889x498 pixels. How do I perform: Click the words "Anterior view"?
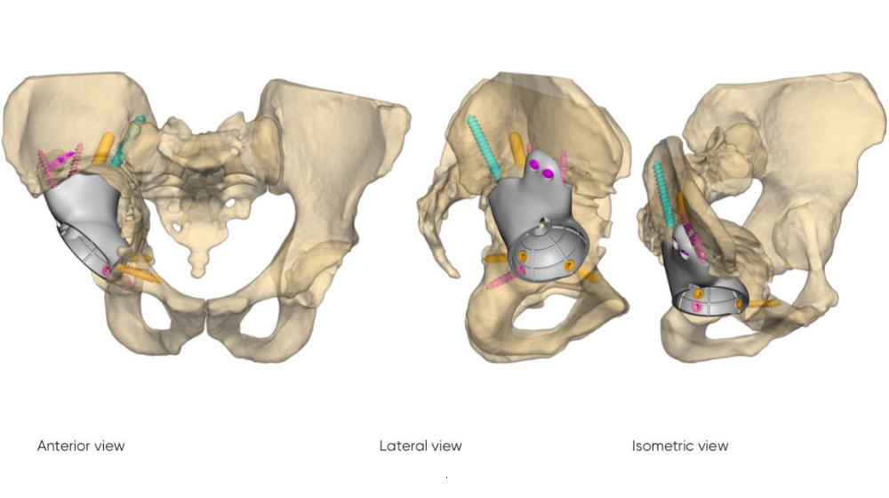point(81,446)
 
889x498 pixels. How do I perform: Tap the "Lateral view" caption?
point(420,446)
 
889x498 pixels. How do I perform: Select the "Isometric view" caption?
point(680,446)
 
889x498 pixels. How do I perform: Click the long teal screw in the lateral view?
point(485,148)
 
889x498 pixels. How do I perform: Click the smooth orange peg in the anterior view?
point(103,149)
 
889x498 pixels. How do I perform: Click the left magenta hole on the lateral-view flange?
point(534,165)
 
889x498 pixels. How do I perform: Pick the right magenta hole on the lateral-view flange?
point(548,174)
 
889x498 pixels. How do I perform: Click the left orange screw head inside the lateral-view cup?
point(523,257)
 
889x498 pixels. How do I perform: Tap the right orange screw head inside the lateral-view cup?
point(570,266)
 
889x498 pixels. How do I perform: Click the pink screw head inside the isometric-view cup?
point(697,307)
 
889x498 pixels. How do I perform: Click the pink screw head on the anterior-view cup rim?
point(106,270)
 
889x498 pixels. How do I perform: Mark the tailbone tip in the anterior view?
point(197,274)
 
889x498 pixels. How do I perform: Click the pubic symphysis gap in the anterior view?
point(205,317)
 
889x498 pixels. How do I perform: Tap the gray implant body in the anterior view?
point(91,222)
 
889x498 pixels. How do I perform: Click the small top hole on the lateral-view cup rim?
point(545,222)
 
